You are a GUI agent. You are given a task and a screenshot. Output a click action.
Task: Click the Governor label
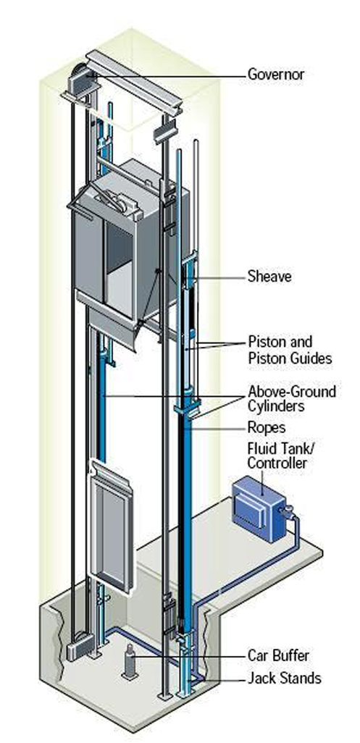276,75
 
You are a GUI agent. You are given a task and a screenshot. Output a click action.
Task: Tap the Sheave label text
269,276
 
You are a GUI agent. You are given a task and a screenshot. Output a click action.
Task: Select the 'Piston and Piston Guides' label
290,350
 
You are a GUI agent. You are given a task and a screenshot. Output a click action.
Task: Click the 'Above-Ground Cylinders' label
292,399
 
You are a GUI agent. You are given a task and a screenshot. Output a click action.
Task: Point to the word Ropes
267,429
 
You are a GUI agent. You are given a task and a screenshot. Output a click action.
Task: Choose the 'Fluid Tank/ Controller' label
277,456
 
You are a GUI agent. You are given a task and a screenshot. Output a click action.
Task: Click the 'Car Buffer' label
278,656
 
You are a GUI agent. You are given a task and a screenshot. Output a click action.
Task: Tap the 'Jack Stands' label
284,678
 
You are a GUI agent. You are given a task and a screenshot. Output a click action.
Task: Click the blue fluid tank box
258,509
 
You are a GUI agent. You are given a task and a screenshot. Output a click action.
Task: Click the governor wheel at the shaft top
80,78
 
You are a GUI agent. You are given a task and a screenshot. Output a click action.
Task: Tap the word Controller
277,463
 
